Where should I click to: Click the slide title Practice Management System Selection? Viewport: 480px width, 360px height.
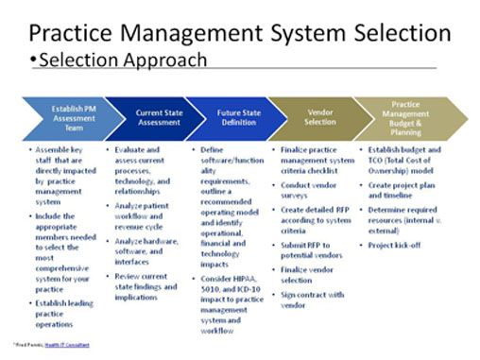[240, 33]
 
